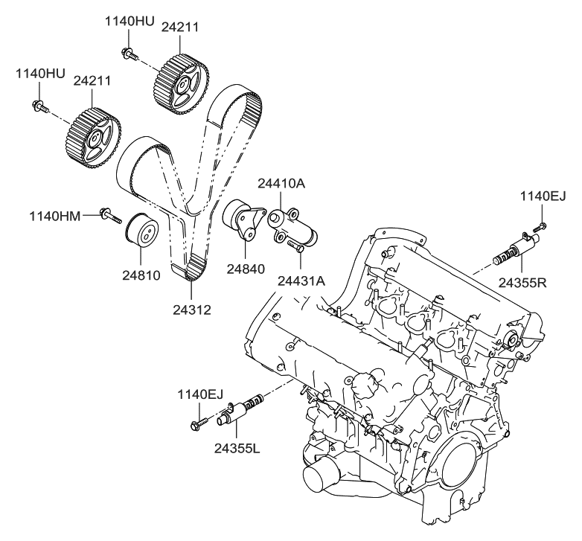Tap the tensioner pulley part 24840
pos(241,218)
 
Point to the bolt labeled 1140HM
pos(109,217)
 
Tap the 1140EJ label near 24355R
pos(543,196)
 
